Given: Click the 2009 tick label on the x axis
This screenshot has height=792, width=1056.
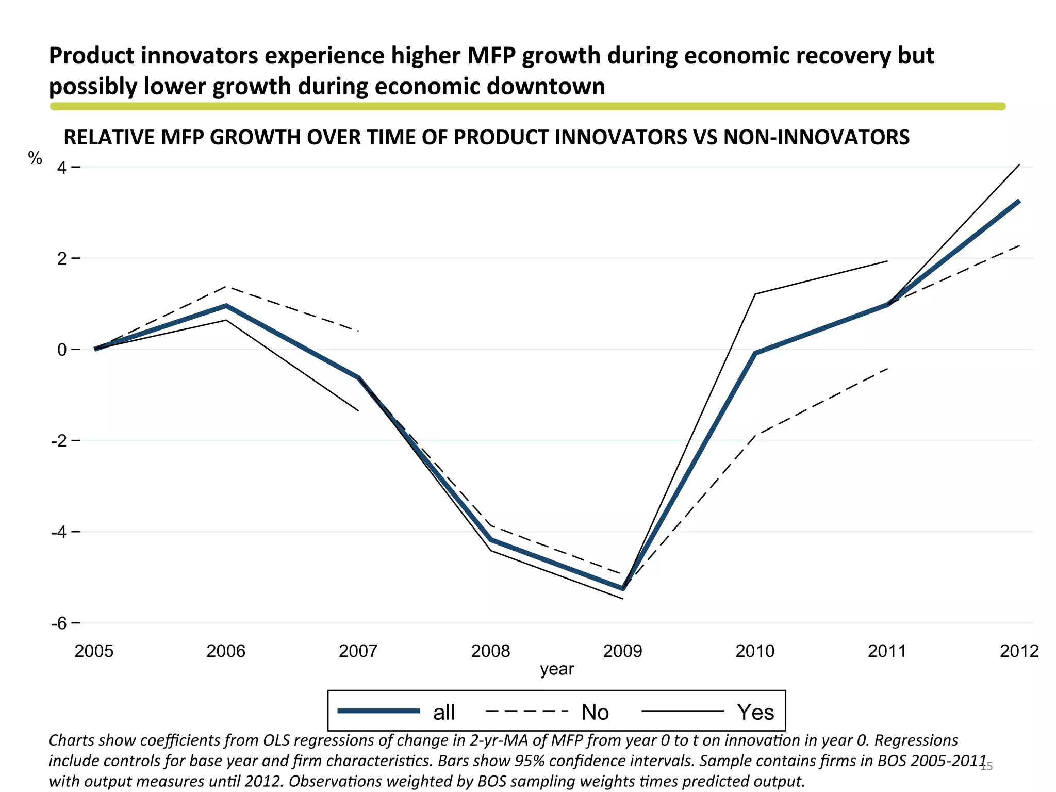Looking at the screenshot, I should (622, 651).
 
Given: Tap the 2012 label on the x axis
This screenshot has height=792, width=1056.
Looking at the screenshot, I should (1019, 651).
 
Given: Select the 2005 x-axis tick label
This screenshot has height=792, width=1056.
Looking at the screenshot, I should (94, 651).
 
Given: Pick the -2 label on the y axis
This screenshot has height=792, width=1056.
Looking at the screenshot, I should (59, 441).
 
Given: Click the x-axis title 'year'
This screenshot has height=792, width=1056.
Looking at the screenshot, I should (557, 669).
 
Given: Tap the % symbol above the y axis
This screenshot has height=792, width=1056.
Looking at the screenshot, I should (35, 158).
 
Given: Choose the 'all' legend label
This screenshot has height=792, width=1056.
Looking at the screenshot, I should (443, 712).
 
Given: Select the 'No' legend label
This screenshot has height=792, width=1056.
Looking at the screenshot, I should (595, 712).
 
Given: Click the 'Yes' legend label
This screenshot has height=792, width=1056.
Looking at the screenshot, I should (755, 712).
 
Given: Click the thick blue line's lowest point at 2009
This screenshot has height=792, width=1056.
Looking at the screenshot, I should (623, 588).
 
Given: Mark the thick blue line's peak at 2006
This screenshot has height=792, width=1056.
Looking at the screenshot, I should (226, 306).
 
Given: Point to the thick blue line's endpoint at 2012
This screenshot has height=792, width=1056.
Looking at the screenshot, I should (1019, 201).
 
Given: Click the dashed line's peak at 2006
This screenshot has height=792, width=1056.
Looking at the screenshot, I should (226, 287).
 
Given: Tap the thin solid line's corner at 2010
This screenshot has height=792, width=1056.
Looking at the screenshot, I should (755, 294).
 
